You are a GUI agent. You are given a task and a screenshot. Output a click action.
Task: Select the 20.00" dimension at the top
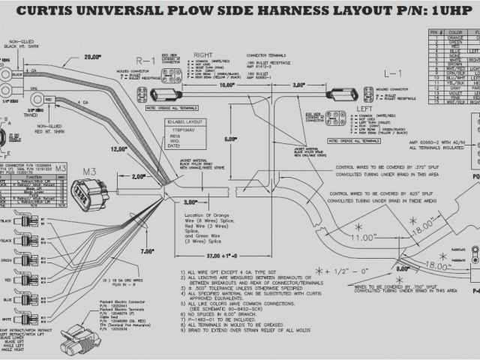tap(92, 56)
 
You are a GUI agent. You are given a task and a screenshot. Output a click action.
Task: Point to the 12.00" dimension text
tap(118, 148)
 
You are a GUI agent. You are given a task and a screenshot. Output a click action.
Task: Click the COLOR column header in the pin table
tap(454, 33)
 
